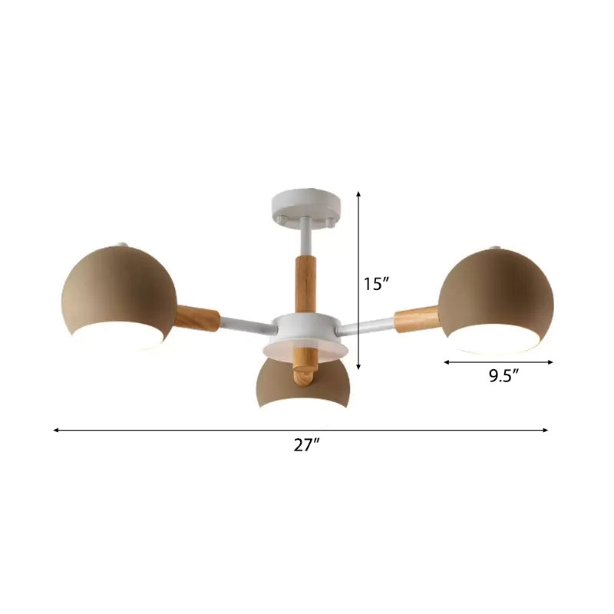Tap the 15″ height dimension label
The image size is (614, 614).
tap(377, 284)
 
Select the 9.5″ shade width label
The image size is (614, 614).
tap(504, 375)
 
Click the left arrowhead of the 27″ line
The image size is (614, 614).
tap(56, 430)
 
